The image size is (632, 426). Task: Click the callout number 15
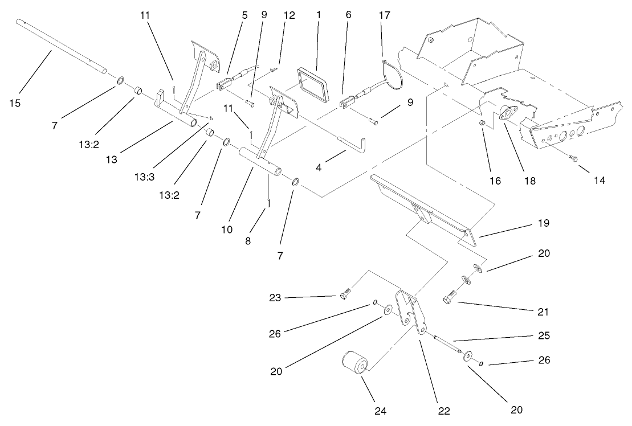15,103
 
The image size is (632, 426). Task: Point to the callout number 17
384,15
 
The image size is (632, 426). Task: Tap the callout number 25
544,335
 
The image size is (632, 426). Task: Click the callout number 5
244,15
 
